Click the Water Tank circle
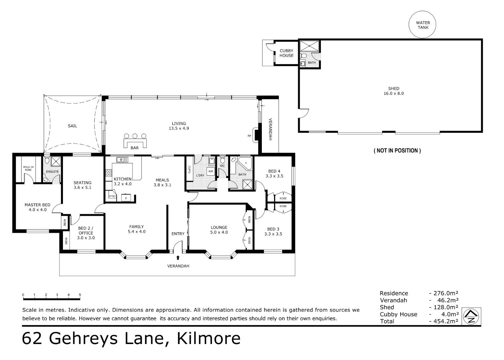(x=423, y=25)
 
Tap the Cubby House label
(x=286, y=53)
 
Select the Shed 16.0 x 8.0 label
(x=393, y=91)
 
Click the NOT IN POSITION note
(x=397, y=151)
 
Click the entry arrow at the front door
(x=178, y=257)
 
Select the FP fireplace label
(x=249, y=136)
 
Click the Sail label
(x=72, y=126)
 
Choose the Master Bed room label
(x=37, y=207)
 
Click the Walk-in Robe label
(x=28, y=168)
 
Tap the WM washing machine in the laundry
(x=210, y=172)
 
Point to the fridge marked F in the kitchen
(x=126, y=198)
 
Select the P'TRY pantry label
(x=112, y=196)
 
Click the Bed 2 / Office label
(x=86, y=233)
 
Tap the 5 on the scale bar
(x=80, y=295)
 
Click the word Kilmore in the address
(x=209, y=338)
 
